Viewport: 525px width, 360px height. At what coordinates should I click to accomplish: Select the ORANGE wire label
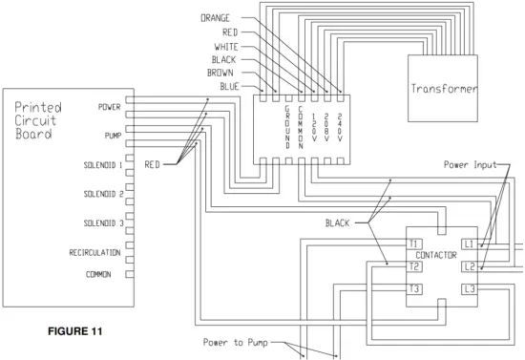tap(220, 17)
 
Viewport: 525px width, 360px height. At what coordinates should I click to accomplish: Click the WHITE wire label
tap(226, 44)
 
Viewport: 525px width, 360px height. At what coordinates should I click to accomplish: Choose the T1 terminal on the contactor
tap(416, 244)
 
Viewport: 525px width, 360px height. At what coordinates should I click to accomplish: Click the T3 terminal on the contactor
tap(416, 288)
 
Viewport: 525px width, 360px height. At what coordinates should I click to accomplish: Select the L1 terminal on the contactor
tap(470, 244)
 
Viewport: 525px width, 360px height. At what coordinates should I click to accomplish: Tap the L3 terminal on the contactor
tap(470, 288)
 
